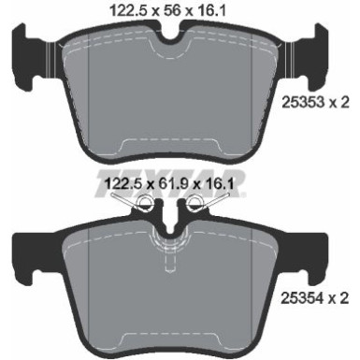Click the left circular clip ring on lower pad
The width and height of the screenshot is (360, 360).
coord(146,205)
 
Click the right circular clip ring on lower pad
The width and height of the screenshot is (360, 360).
coord(195,205)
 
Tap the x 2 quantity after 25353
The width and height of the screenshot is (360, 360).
coord(340,102)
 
